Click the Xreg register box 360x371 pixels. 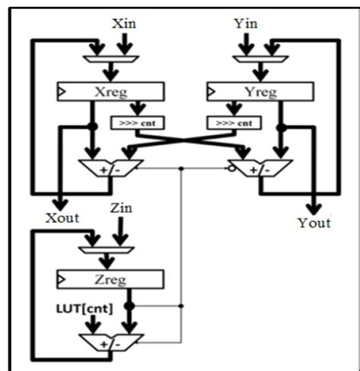(110, 92)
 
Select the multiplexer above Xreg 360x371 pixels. (110, 58)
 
